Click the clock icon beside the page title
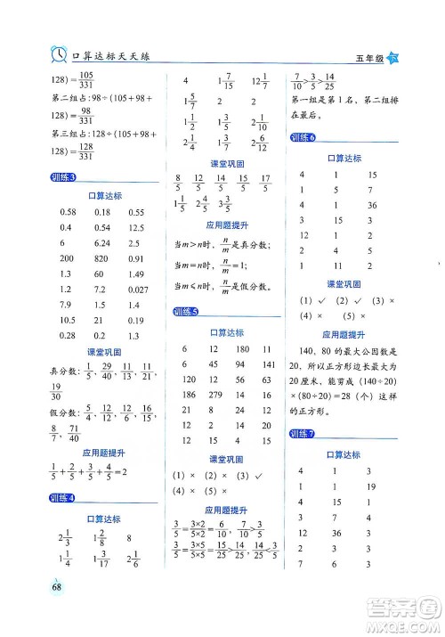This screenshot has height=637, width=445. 58,54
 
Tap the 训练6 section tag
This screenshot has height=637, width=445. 303,137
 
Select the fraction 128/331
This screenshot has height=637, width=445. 86,146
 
